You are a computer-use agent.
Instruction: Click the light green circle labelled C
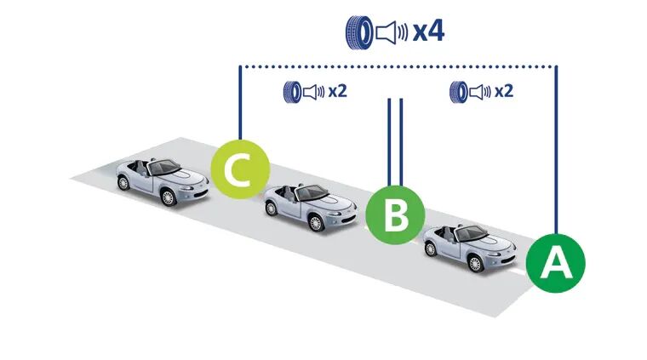(240, 169)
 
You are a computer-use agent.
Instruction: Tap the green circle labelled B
(395, 214)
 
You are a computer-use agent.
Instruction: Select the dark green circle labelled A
(555, 263)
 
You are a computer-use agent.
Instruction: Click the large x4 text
(428, 31)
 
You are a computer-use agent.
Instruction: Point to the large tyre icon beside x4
(358, 32)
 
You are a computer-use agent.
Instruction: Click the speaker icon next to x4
(392, 32)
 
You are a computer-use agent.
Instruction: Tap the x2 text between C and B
(337, 91)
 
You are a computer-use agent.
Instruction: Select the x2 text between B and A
(504, 91)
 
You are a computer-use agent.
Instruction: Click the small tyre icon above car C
(292, 92)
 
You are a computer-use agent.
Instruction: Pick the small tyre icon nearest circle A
(458, 92)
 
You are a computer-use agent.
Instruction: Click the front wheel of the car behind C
(168, 197)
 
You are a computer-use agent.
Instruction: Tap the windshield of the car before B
(312, 193)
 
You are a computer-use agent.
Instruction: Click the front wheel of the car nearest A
(475, 264)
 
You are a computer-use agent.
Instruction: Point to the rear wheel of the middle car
(271, 209)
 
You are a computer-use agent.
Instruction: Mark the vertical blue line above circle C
(240, 103)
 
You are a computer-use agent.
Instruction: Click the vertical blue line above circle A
(556, 150)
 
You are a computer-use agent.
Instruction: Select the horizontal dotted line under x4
(398, 66)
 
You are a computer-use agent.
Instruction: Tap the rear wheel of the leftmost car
(123, 182)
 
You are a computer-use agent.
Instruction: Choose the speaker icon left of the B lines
(314, 92)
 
